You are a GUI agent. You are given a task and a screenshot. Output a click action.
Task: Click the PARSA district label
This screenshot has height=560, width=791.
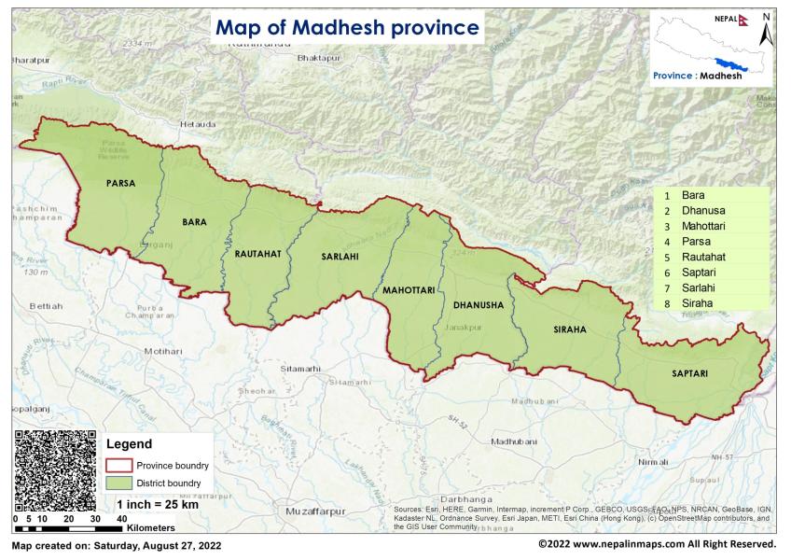coord(119,184)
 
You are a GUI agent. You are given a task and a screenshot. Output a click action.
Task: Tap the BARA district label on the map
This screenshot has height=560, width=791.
coord(193,221)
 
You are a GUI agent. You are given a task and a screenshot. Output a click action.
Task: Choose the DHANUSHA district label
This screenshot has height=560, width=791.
coord(478,305)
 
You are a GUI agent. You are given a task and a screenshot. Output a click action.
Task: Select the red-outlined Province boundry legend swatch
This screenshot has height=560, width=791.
coord(119,465)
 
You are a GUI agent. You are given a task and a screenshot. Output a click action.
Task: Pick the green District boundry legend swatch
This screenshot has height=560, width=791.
coord(119,483)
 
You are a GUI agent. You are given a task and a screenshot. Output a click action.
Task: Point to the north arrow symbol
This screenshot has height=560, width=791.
coord(765,33)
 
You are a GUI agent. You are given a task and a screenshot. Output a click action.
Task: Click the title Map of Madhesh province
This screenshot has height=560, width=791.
coord(347,28)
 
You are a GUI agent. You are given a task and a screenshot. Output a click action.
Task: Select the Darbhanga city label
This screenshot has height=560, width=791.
coord(453,499)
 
